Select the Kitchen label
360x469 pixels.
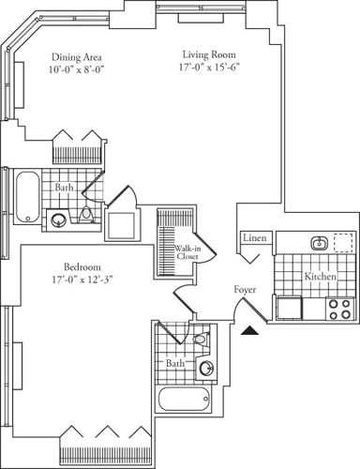click(321, 278)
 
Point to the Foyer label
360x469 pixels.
click(246, 290)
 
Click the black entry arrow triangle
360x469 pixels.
click(249, 329)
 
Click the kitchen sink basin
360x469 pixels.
click(319, 243)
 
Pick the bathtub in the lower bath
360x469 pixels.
click(186, 398)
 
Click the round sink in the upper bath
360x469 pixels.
click(59, 220)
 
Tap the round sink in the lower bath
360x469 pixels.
click(206, 367)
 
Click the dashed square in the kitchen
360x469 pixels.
click(343, 242)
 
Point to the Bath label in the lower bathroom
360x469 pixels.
click(175, 362)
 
